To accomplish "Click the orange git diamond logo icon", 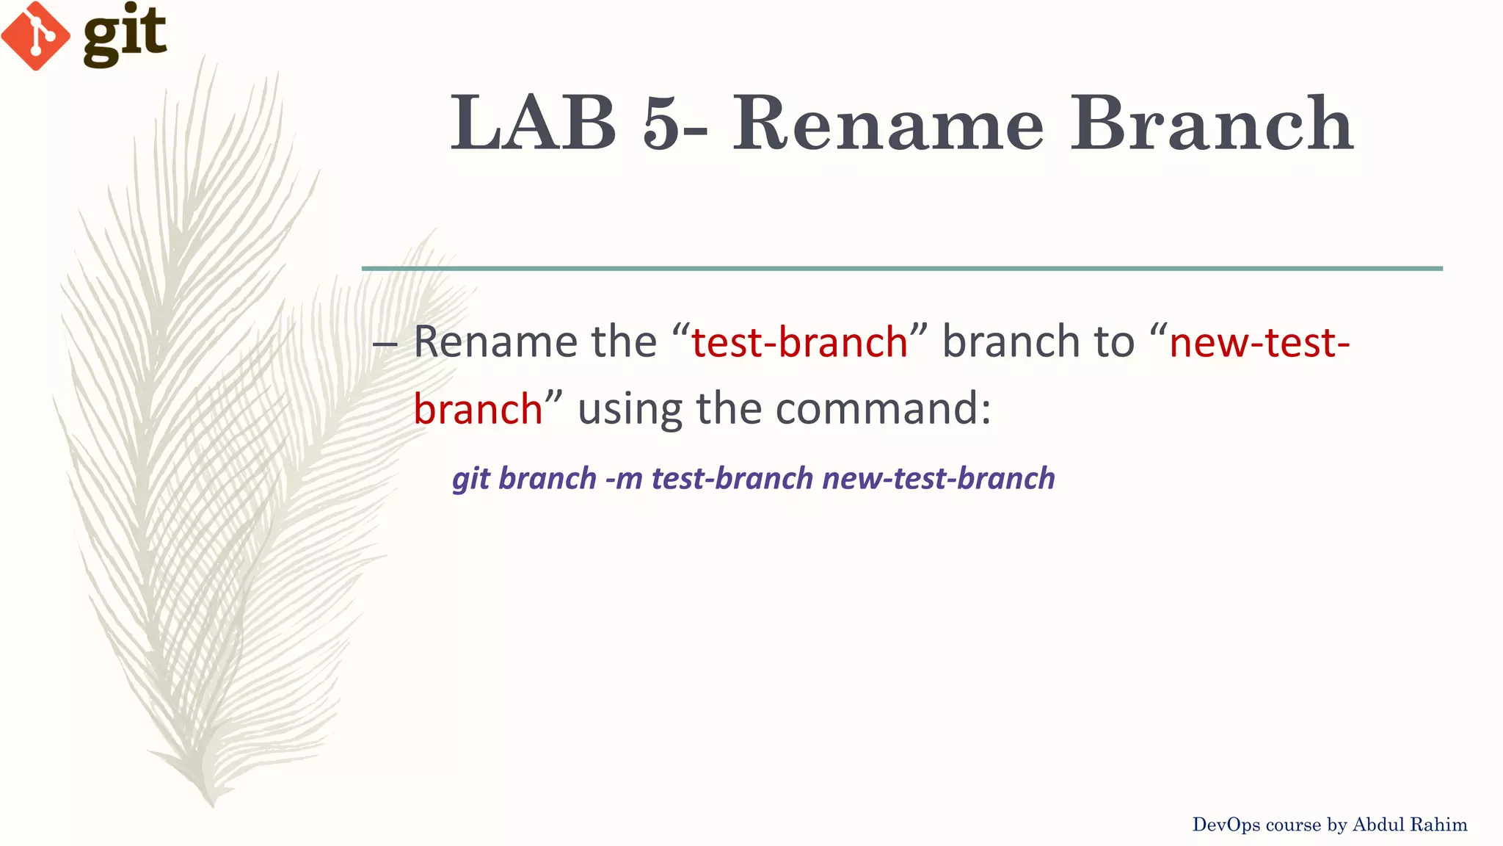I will pos(35,36).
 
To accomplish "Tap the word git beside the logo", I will pos(125,35).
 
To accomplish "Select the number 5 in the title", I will pos(663,123).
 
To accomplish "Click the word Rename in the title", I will pos(888,123).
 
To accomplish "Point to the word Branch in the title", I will pos(1212,123).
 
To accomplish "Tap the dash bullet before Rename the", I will pos(385,343).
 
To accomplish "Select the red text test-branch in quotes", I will pos(800,342).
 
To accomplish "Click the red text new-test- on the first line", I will pos(1259,342).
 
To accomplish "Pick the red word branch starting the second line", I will pos(478,409).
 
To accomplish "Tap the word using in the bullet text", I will pos(630,410).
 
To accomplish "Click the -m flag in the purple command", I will pos(624,479).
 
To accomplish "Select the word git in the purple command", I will pos(470,479).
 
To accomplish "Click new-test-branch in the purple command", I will pos(939,479).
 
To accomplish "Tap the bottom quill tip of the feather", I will pos(211,802).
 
